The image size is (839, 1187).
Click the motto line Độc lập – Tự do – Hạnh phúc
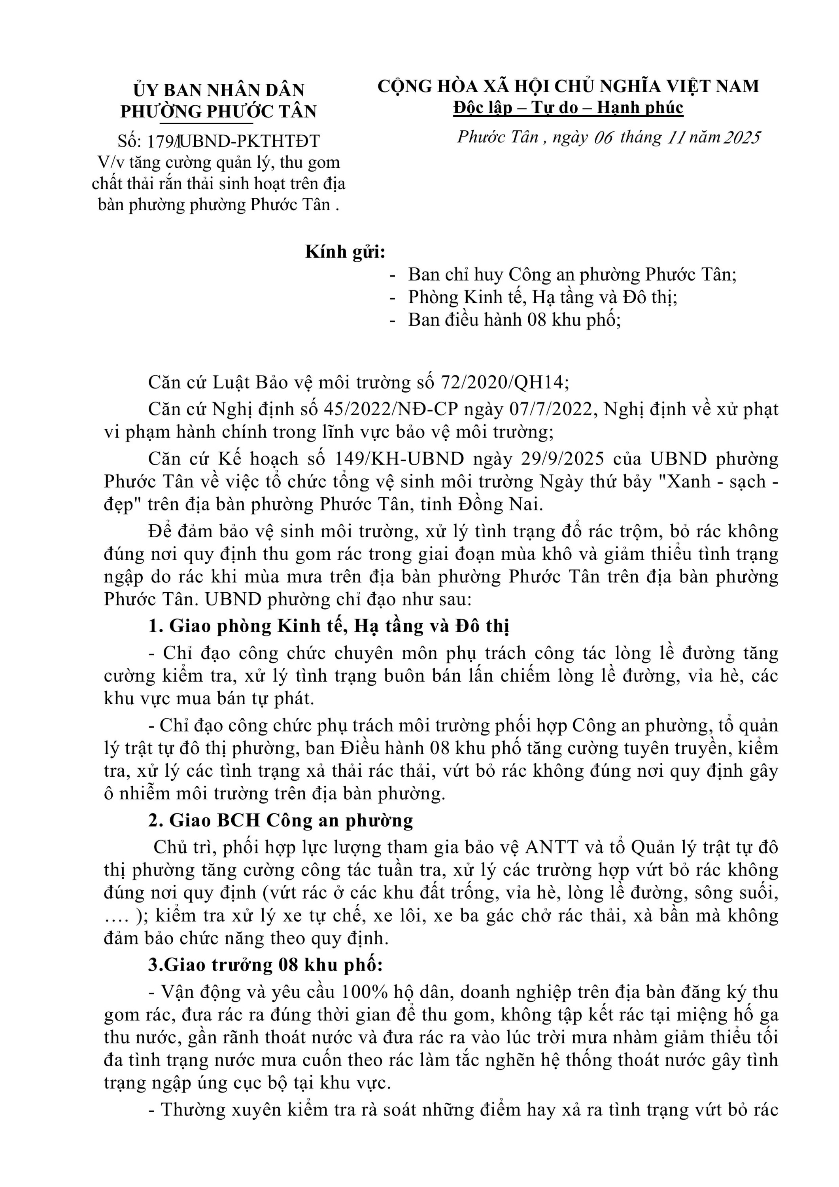point(568,108)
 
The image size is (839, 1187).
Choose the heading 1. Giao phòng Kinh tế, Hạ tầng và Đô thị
point(329,626)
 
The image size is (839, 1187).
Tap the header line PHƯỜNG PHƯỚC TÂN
point(219,111)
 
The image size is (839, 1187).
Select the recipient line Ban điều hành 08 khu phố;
point(514,320)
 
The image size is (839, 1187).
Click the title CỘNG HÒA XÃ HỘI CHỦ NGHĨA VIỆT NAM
point(568,86)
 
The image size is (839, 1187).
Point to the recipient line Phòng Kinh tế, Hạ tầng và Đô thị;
point(542,297)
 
